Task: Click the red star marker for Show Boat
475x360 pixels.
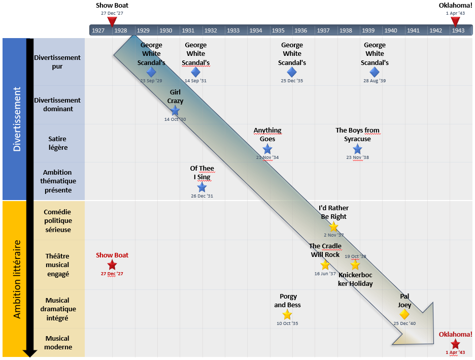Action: point(112,265)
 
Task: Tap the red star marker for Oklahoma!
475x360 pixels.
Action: point(455,343)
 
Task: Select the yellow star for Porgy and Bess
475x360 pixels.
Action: point(287,314)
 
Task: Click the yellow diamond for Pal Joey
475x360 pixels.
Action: point(404,314)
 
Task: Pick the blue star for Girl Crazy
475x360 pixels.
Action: point(175,110)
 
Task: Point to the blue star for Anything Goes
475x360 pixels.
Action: point(267,149)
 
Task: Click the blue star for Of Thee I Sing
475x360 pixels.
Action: point(202,187)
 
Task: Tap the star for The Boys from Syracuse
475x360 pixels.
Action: point(357,149)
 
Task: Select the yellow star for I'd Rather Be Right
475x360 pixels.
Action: point(333,226)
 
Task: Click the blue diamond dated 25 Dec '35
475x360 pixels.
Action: point(292,72)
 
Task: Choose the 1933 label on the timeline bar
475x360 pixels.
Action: point(233,30)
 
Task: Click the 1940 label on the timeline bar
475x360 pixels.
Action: point(391,30)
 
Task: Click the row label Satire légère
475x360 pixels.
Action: point(57,143)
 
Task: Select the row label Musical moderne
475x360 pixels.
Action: point(57,343)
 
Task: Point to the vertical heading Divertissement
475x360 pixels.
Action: point(17,119)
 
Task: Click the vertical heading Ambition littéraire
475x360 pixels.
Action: point(17,279)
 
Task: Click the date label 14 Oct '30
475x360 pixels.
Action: point(175,119)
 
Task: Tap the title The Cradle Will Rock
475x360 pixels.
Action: point(325,250)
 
